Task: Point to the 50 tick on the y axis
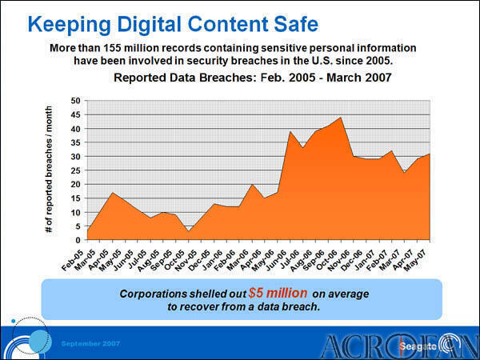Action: pos(76,101)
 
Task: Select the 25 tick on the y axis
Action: pos(76,170)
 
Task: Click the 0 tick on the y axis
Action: pos(78,240)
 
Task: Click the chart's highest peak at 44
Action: pos(341,118)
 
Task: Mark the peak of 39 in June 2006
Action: pos(290,131)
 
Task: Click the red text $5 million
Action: pos(276,293)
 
